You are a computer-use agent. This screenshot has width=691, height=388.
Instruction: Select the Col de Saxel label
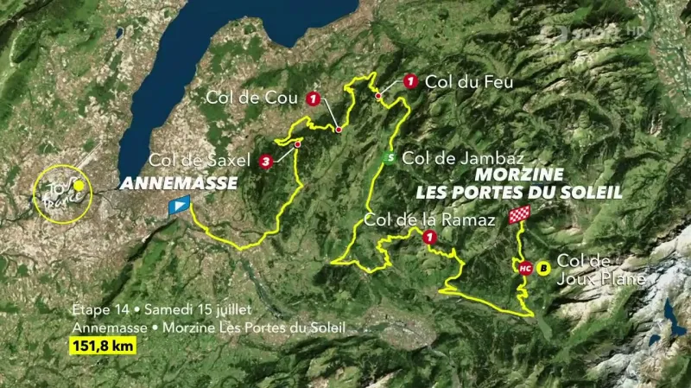(x=200, y=160)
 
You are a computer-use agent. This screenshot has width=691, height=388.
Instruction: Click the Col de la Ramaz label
(x=429, y=219)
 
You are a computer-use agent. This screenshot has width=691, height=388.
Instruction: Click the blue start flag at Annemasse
(x=179, y=205)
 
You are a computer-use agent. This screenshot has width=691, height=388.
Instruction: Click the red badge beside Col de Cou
(x=312, y=98)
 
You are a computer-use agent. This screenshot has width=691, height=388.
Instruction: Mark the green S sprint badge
(x=390, y=158)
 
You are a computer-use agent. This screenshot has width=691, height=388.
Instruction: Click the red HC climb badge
(x=524, y=268)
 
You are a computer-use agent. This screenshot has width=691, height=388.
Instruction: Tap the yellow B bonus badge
(x=543, y=268)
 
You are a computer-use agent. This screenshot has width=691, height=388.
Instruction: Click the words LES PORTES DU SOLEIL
(x=518, y=191)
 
